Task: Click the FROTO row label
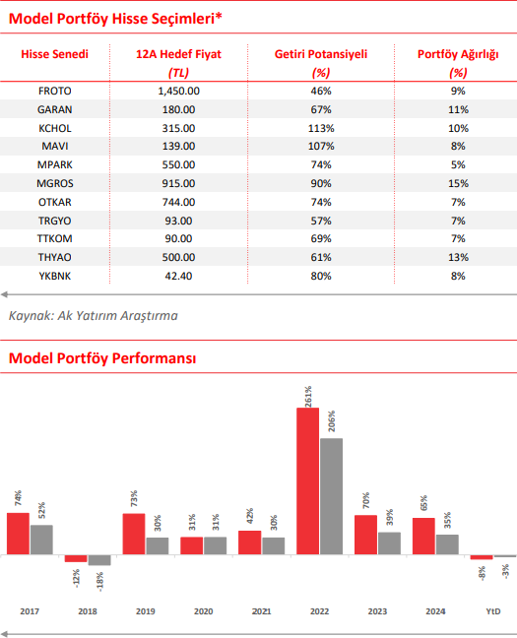tap(54, 91)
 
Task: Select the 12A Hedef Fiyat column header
tap(178, 54)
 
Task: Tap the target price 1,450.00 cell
tap(178, 91)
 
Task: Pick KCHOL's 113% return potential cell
tap(321, 128)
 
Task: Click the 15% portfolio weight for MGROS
tap(458, 183)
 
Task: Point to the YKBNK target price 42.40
tap(178, 276)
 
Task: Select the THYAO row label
tap(54, 257)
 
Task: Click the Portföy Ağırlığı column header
tap(458, 54)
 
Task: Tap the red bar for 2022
tap(308, 480)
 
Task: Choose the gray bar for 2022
tap(331, 496)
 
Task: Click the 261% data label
tap(308, 396)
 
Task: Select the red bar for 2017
tap(18, 534)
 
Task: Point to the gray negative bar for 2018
tap(99, 560)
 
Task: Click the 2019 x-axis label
tap(146, 611)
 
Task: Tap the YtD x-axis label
tap(493, 611)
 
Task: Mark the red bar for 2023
tap(365, 535)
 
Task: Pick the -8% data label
tap(482, 573)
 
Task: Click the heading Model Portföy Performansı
tap(102, 358)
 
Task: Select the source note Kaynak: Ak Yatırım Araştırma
tap(94, 315)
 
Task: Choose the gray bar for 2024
tap(447, 544)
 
